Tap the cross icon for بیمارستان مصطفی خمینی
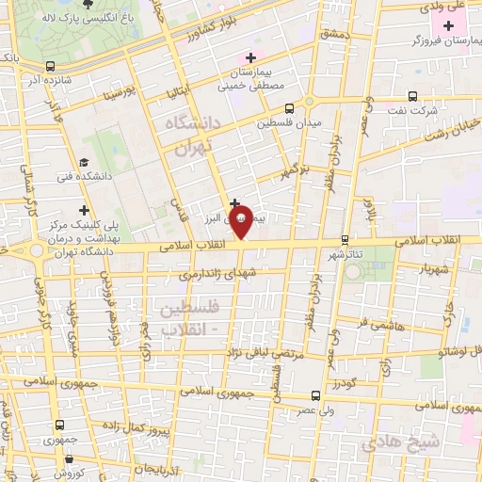(x=249, y=58)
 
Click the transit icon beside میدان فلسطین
(x=289, y=108)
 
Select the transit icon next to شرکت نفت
(x=412, y=95)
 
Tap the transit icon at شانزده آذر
(x=49, y=66)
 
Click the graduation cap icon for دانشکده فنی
(x=84, y=162)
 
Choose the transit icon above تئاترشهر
(x=345, y=239)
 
